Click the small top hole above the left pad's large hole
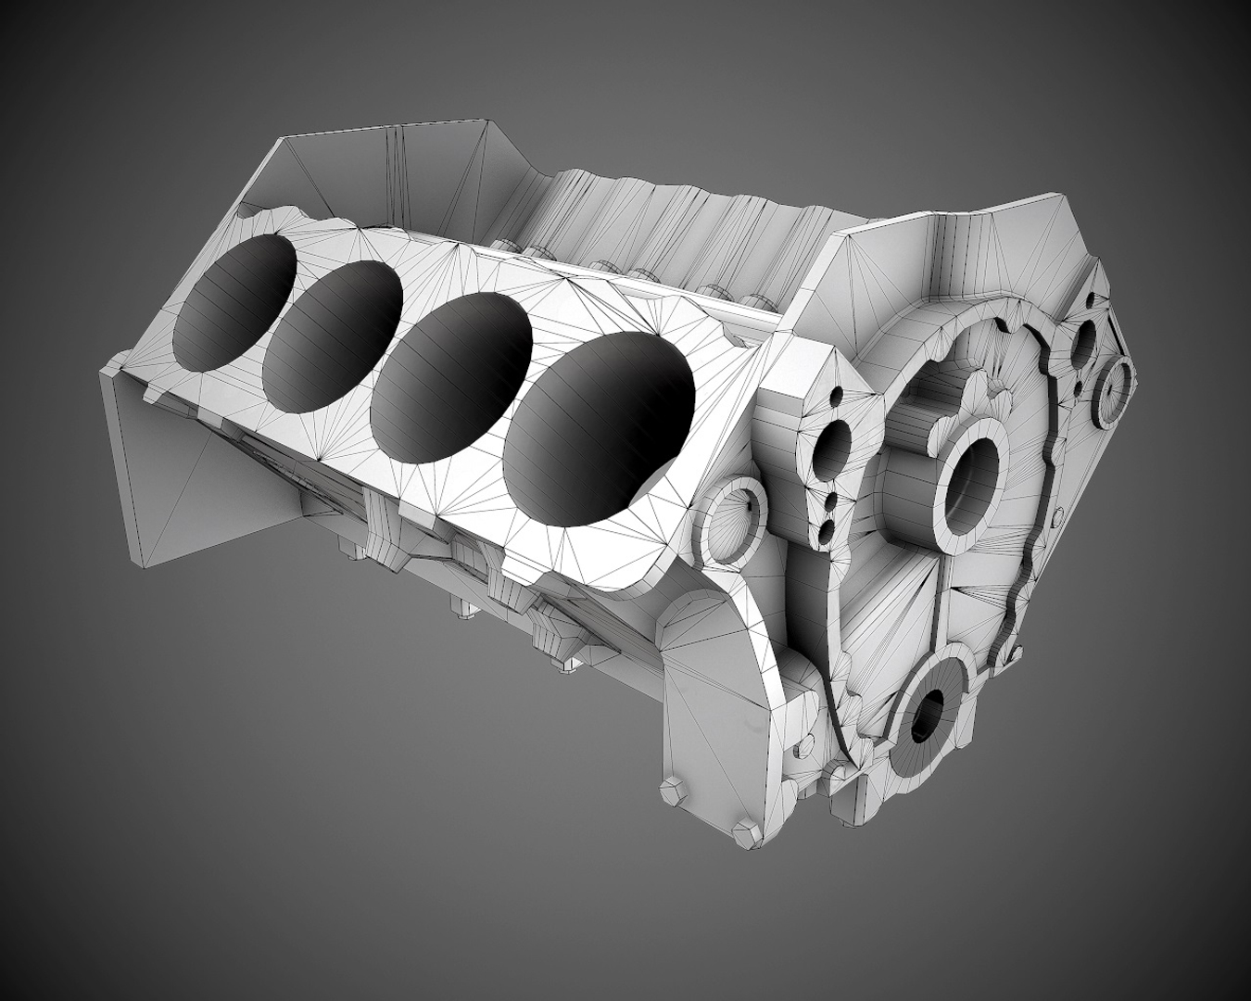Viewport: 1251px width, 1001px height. pyautogui.click(x=838, y=395)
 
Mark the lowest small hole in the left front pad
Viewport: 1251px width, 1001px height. pyautogui.click(x=825, y=529)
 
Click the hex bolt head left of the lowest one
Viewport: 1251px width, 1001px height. pyautogui.click(x=669, y=792)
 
